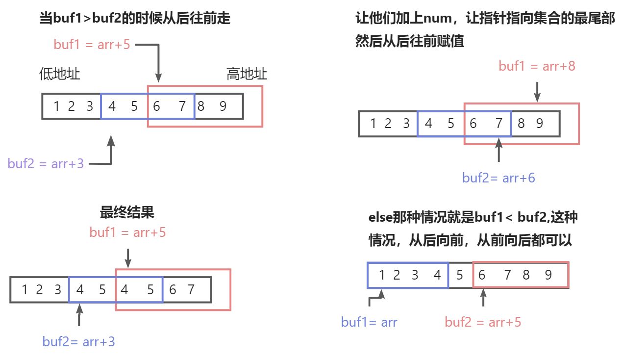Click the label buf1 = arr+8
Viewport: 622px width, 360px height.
point(537,66)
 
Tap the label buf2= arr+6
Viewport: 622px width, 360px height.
point(498,178)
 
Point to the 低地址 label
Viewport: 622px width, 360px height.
point(59,75)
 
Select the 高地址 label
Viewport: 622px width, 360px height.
point(247,75)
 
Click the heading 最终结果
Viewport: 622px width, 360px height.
point(127,212)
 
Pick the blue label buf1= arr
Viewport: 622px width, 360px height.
point(369,322)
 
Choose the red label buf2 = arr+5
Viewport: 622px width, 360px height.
point(483,322)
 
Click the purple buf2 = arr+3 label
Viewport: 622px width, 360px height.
point(46,164)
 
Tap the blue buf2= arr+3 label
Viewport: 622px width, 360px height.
point(78,341)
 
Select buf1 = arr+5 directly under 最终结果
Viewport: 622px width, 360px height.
point(127,232)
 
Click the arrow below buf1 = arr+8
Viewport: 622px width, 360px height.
point(537,92)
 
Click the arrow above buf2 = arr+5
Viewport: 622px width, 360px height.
point(483,298)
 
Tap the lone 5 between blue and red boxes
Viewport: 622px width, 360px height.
point(459,275)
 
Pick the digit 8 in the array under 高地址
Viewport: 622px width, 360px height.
point(201,106)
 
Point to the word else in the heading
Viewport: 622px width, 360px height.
point(379,217)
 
